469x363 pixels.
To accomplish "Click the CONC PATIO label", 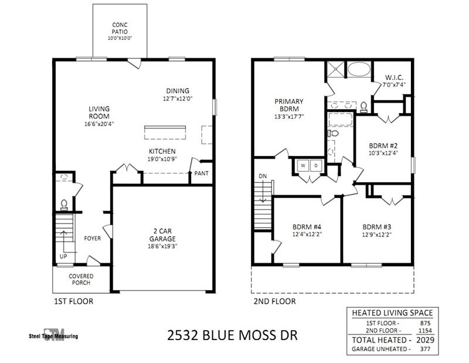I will pyautogui.click(x=120, y=28).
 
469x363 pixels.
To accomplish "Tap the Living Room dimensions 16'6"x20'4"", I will pyautogui.click(x=100, y=124).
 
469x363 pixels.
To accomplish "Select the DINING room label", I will pyautogui.click(x=177, y=91).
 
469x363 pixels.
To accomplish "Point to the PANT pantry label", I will pyautogui.click(x=202, y=173).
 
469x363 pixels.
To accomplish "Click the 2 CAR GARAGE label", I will pyautogui.click(x=161, y=236).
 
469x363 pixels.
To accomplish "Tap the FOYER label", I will pyautogui.click(x=92, y=239).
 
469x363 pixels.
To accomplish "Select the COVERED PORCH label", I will pyautogui.click(x=80, y=279).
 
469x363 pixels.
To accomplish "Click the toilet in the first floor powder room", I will pyautogui.click(x=64, y=204).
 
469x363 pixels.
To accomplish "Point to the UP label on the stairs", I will pyautogui.click(x=63, y=257).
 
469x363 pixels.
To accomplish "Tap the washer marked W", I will pyautogui.click(x=304, y=165).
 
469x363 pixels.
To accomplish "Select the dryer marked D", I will pyautogui.click(x=316, y=165).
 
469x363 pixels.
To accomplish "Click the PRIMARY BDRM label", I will pyautogui.click(x=288, y=105).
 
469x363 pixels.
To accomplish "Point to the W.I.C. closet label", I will pyautogui.click(x=393, y=78).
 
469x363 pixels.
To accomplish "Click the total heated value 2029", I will pyautogui.click(x=423, y=340).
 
